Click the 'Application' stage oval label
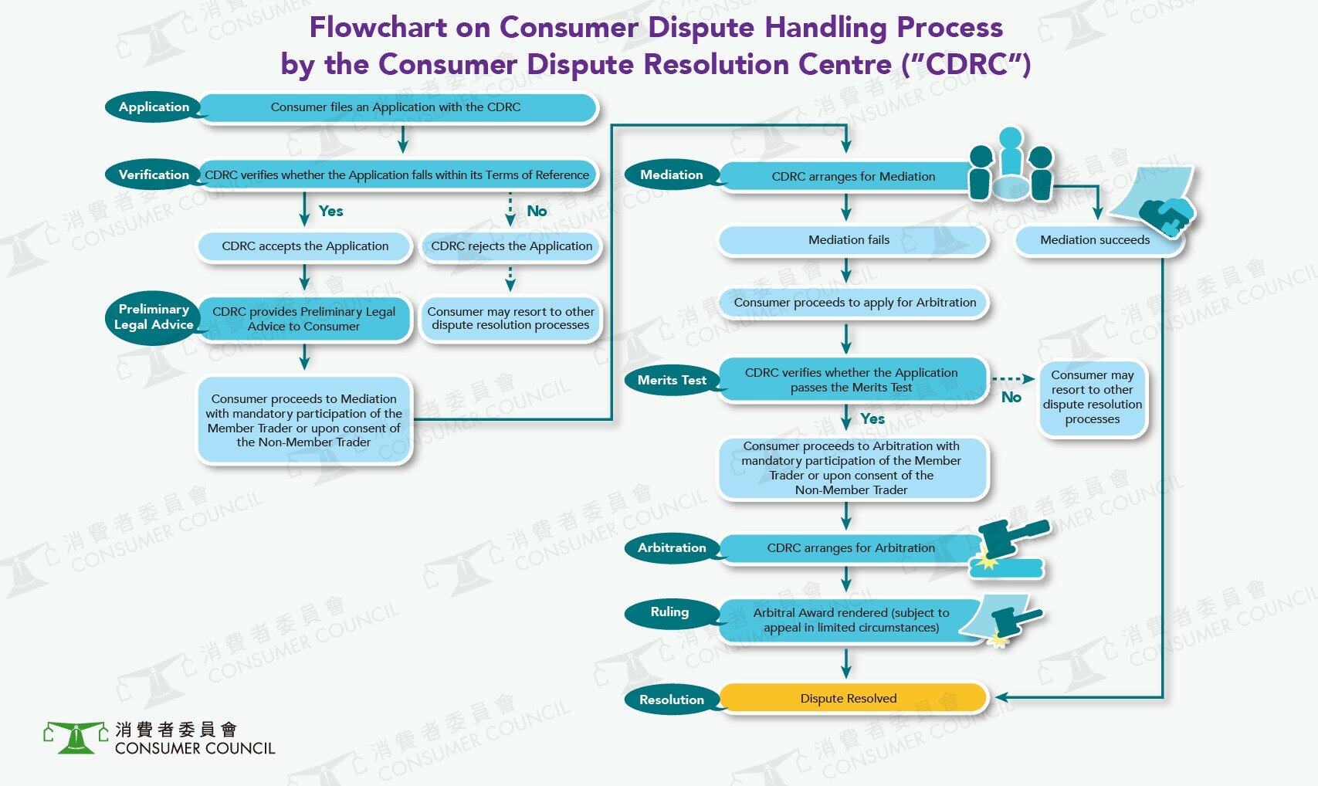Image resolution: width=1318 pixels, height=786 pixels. (154, 107)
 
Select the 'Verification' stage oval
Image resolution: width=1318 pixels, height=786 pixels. (154, 174)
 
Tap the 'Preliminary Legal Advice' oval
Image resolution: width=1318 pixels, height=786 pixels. (154, 317)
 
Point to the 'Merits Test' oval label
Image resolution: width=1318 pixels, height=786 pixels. (672, 380)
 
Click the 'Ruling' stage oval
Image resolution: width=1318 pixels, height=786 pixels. (670, 612)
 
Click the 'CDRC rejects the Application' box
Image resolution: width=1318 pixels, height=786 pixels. (511, 246)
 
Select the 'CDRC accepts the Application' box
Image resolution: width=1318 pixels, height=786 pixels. (305, 246)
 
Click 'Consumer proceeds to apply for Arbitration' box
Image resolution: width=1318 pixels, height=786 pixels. (855, 303)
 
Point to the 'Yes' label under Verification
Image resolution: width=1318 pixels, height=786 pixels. (330, 212)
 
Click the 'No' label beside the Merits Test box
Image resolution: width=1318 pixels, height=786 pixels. (1011, 397)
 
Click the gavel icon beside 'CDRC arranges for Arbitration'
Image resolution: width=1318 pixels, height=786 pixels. (1010, 547)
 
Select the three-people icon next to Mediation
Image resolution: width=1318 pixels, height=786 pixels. (1010, 164)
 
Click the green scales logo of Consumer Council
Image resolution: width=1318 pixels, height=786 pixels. (76, 738)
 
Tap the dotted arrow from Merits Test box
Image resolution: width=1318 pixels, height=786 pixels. (1013, 379)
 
